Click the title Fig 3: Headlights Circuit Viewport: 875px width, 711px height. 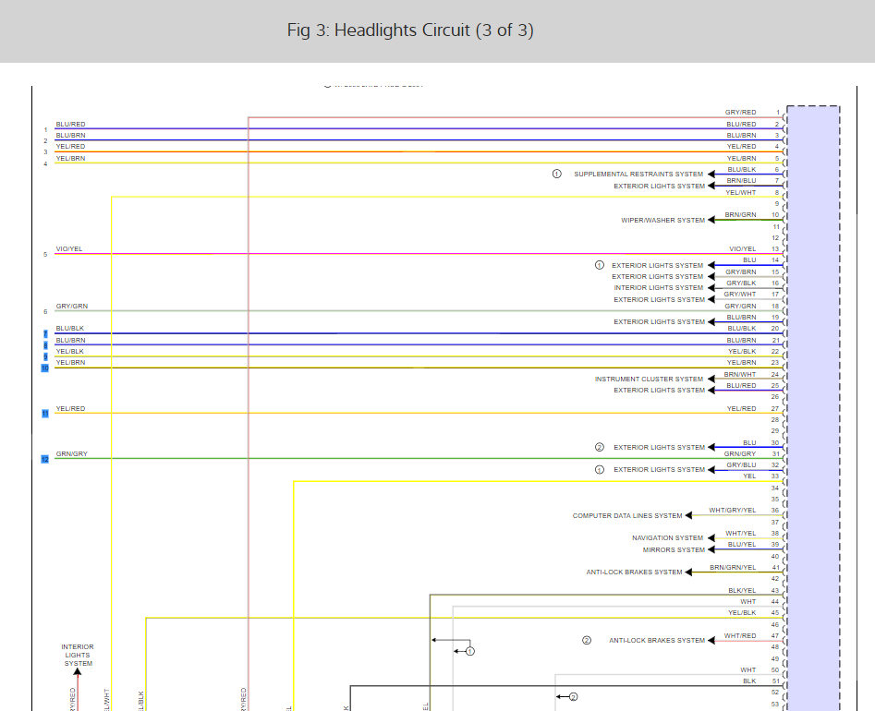(x=410, y=30)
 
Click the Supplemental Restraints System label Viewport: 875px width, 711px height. (x=638, y=175)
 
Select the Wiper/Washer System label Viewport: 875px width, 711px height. (x=662, y=221)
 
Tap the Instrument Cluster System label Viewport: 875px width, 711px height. (x=649, y=380)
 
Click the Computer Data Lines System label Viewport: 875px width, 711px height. (x=627, y=516)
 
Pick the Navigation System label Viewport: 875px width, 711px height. (x=667, y=538)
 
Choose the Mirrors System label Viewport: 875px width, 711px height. (x=674, y=550)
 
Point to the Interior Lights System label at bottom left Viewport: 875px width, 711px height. (x=78, y=655)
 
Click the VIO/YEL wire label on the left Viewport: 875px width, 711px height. (x=69, y=249)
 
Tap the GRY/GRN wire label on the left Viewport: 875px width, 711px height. (x=72, y=307)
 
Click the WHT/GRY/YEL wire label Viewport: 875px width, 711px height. (x=732, y=511)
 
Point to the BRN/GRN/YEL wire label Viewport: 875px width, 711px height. (x=733, y=567)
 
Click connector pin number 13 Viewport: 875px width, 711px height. (x=775, y=249)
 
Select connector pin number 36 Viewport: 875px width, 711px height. (x=775, y=511)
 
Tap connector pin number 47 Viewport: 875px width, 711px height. (x=775, y=636)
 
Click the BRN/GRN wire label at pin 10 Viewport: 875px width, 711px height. (x=740, y=215)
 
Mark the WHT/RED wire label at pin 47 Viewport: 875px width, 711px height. (x=740, y=636)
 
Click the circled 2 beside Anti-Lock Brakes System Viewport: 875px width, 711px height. (x=586, y=640)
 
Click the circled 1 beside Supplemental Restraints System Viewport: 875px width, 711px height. (x=557, y=175)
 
